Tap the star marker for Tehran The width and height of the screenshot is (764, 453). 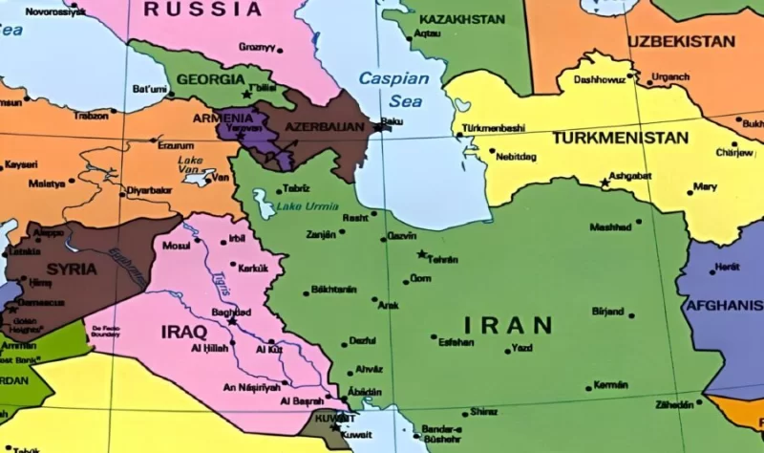click(421, 254)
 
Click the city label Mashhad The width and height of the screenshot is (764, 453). click(610, 227)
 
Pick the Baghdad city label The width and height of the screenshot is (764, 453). click(230, 312)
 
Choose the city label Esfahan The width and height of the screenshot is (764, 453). click(456, 341)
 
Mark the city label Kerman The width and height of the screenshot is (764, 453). click(610, 385)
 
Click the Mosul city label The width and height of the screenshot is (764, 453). click(177, 246)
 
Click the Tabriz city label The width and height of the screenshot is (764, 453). click(296, 188)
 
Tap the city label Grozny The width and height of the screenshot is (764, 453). click(257, 47)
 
